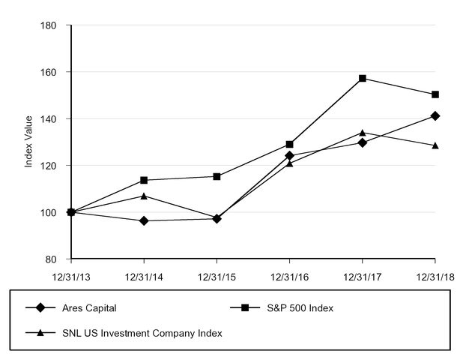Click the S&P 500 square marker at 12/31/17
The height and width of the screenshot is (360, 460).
click(363, 78)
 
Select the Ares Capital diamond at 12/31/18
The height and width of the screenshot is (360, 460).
click(435, 116)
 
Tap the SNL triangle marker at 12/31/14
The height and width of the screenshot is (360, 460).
click(144, 196)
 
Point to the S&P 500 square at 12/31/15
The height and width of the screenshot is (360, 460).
click(217, 176)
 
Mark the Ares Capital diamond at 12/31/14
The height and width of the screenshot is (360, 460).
click(144, 220)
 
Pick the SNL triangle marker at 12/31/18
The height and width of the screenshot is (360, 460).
click(435, 145)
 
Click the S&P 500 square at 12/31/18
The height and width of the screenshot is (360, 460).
click(435, 94)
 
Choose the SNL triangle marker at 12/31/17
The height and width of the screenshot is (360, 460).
click(363, 133)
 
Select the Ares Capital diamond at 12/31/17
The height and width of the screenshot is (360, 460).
click(363, 142)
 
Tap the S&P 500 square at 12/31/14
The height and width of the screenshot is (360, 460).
click(144, 180)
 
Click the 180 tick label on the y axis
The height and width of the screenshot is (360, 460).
click(49, 25)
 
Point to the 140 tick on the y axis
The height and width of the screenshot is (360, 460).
click(49, 119)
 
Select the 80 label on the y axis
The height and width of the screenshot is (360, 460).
click(52, 259)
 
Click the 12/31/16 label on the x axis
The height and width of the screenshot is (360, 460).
click(289, 276)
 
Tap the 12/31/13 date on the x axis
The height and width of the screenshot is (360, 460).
click(71, 276)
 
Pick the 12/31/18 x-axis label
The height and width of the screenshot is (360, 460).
click(435, 276)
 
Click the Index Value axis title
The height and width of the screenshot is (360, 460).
click(29, 141)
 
